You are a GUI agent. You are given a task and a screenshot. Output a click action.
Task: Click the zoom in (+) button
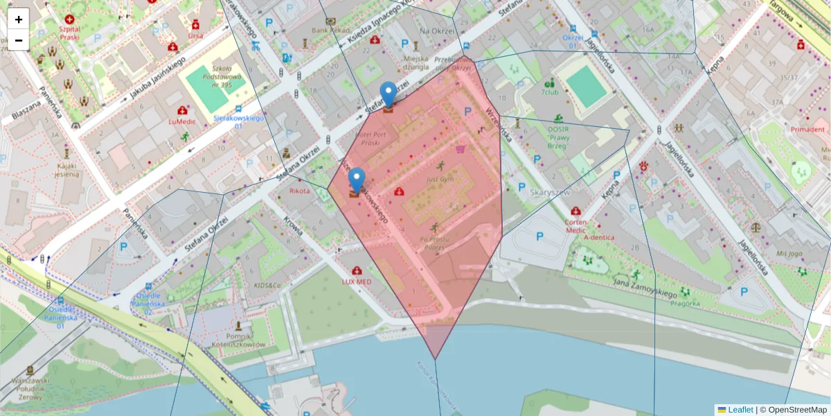18,19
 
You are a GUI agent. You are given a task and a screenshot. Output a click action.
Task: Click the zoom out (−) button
18,40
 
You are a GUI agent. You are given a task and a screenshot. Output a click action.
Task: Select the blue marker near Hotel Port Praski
389,95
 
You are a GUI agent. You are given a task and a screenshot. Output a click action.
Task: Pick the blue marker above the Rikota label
357,181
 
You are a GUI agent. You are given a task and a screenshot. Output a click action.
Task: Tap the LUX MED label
357,281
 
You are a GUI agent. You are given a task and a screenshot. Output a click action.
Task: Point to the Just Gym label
440,179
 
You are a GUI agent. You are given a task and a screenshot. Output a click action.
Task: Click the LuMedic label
181,121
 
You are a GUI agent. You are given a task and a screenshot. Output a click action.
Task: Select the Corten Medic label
575,226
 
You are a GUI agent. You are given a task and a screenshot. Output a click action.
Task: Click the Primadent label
808,130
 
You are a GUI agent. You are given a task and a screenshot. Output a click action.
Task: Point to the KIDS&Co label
267,286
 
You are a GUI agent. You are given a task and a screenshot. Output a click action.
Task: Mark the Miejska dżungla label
416,63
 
